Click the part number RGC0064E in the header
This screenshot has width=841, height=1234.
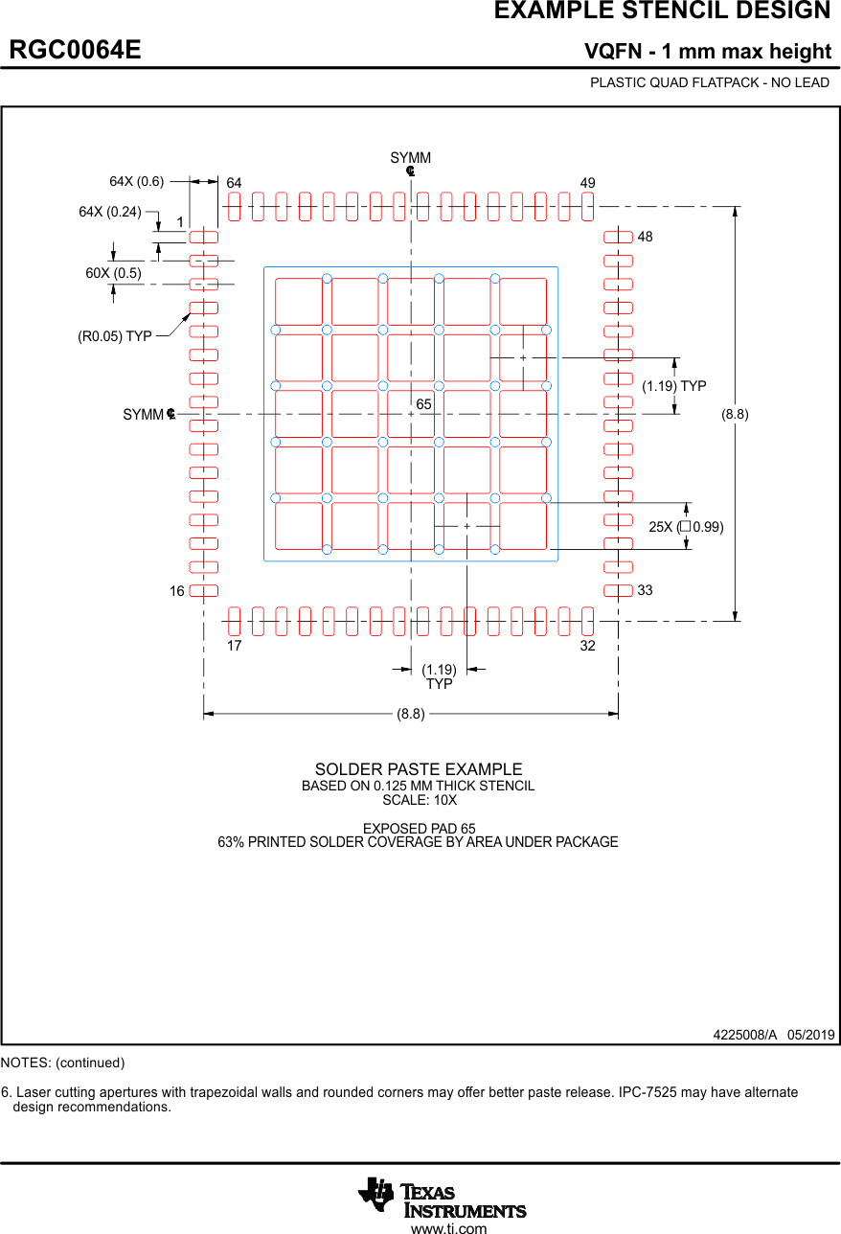click(x=76, y=50)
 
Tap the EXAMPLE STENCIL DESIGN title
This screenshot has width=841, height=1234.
click(x=662, y=11)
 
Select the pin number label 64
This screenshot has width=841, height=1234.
click(x=234, y=183)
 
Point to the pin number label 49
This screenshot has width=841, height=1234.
click(x=587, y=183)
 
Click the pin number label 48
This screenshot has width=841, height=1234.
click(x=645, y=237)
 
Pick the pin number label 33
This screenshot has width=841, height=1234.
click(x=645, y=590)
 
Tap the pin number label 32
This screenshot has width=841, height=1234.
click(x=587, y=646)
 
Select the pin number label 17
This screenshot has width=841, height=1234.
click(x=234, y=646)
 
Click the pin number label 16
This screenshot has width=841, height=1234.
click(x=177, y=591)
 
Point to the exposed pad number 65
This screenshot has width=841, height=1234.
click(x=423, y=405)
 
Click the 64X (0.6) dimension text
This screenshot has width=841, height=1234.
click(x=136, y=181)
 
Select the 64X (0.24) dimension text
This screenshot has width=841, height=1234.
click(x=109, y=212)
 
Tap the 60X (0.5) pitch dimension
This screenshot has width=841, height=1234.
click(x=113, y=273)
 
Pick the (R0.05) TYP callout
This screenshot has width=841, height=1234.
click(x=115, y=336)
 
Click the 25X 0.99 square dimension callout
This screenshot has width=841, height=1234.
click(x=686, y=527)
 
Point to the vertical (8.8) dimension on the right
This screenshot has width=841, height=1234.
click(x=735, y=414)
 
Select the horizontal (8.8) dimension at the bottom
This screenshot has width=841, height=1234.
click(x=411, y=714)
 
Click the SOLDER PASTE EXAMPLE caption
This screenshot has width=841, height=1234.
click(x=419, y=769)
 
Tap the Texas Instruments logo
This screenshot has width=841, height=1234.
click(x=443, y=1198)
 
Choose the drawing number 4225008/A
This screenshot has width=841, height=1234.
click(x=744, y=1035)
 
